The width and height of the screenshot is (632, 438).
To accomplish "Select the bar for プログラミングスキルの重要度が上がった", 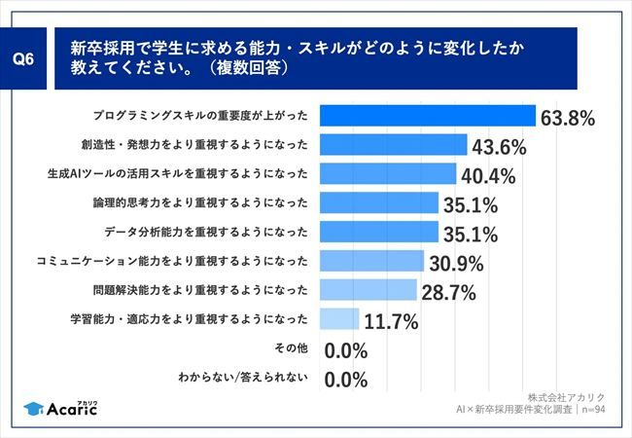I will pos(427,117).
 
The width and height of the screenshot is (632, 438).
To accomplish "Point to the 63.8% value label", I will pos(568,119).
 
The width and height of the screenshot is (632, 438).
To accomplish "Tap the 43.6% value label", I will pos(499,147).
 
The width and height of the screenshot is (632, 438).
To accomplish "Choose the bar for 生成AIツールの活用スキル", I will pos(387,174).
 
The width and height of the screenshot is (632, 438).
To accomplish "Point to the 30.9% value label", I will pos(456,263).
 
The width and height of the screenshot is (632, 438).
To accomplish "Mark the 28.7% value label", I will pos(448,292).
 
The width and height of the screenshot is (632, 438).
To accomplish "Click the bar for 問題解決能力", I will pos(368,289).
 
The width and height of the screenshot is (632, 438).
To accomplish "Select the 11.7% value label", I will pos(390,321).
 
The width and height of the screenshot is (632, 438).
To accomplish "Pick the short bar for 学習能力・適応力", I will pos(339,318).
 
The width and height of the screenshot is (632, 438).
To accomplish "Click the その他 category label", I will pos(291,347).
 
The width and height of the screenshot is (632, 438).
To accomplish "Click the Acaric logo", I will pos(60,407).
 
